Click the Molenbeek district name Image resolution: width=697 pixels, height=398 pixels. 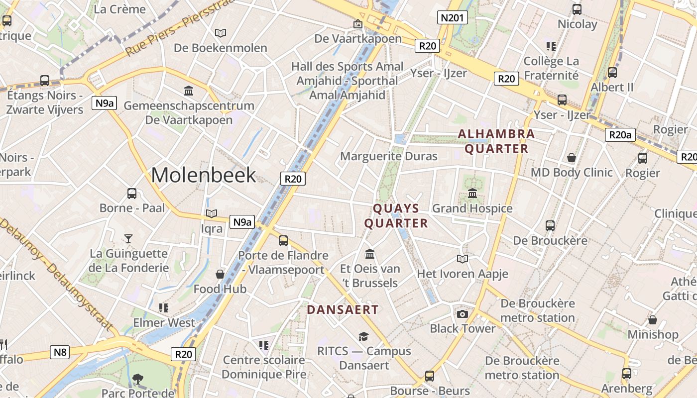204,175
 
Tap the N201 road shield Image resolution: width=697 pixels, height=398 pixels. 453,18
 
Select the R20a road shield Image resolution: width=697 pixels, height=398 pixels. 620,134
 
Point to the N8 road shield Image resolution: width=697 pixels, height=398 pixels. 60,353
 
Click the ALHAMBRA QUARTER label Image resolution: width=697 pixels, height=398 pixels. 496,141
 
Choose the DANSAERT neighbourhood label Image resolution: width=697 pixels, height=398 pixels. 343,309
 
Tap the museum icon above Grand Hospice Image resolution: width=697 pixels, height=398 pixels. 472,193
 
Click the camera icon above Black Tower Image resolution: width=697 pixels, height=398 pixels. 463,314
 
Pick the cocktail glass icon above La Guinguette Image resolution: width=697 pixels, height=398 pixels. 128,239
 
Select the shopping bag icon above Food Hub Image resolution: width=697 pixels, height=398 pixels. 220,274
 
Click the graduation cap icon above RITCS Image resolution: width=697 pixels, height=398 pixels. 364,336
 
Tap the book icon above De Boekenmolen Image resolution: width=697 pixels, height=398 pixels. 220,33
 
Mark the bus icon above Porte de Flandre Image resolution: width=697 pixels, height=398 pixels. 283,241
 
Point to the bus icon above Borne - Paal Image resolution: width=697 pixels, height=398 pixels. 132,194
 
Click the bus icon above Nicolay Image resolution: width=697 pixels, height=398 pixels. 577,9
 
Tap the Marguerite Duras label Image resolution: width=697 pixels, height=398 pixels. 388,156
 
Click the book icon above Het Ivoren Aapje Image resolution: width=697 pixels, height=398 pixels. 463,259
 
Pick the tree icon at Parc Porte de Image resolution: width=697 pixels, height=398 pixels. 138,380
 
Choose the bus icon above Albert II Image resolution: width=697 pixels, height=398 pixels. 612,73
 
